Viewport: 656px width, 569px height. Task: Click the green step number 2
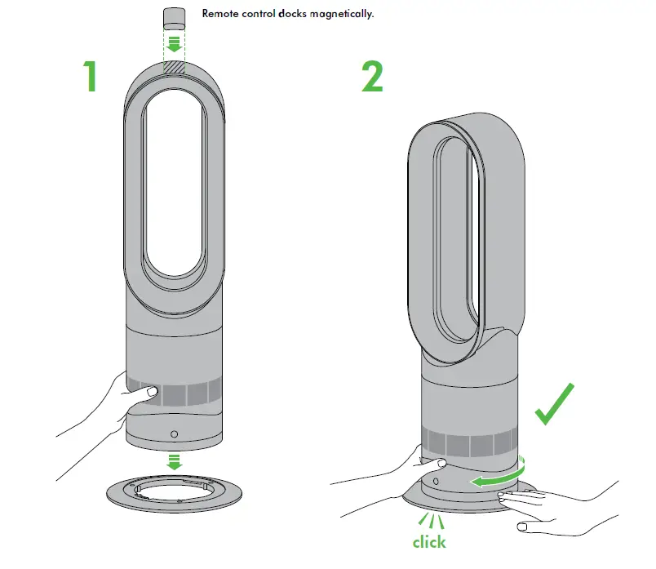tap(372, 77)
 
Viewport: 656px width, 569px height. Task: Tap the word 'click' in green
tap(428, 541)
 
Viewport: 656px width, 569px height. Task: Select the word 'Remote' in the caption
tap(220, 14)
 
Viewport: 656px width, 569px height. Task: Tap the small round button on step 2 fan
tap(435, 482)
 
